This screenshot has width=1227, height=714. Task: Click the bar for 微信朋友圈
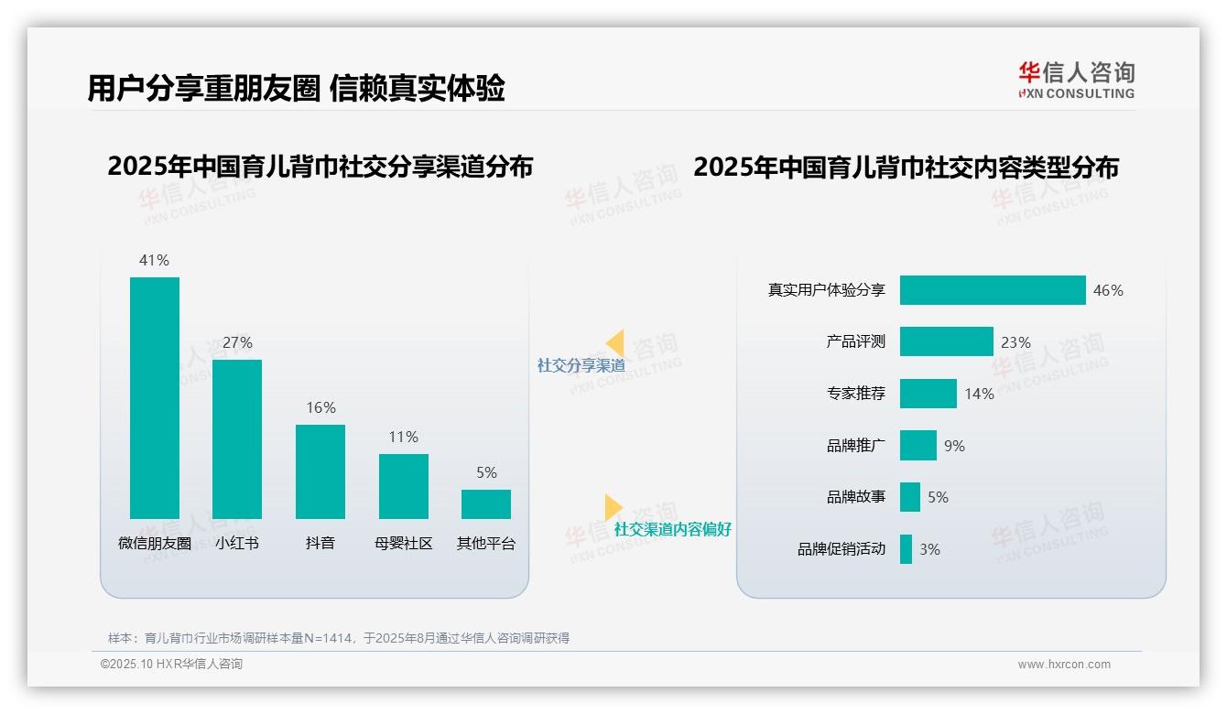pyautogui.click(x=155, y=398)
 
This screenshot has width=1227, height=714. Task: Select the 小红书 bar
pyautogui.click(x=237, y=439)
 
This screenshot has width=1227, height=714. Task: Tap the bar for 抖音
pyautogui.click(x=320, y=471)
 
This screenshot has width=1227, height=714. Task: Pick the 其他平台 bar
pyautogui.click(x=486, y=504)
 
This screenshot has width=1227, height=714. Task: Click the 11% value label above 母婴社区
pyautogui.click(x=403, y=437)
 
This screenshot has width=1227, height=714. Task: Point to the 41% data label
pyautogui.click(x=154, y=260)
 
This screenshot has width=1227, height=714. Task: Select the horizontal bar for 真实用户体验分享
pyautogui.click(x=993, y=290)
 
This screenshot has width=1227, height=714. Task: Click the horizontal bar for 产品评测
pyautogui.click(x=946, y=341)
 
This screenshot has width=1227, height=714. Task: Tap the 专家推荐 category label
pyautogui.click(x=856, y=394)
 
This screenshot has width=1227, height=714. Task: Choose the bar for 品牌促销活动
pyautogui.click(x=906, y=549)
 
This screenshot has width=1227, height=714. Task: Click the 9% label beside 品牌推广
pyautogui.click(x=954, y=446)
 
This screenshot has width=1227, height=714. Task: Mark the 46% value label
pyautogui.click(x=1108, y=290)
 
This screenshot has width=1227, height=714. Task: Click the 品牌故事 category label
pyautogui.click(x=856, y=497)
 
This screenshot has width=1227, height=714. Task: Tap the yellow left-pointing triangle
pyautogui.click(x=615, y=343)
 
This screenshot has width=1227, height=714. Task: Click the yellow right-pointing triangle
pyautogui.click(x=613, y=507)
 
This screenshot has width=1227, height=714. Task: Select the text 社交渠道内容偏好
pyautogui.click(x=672, y=530)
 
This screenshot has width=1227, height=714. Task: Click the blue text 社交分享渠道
pyautogui.click(x=581, y=365)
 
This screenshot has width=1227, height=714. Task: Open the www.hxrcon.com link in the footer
pyautogui.click(x=1064, y=665)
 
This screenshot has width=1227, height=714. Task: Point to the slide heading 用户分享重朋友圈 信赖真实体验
pyautogui.click(x=296, y=89)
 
